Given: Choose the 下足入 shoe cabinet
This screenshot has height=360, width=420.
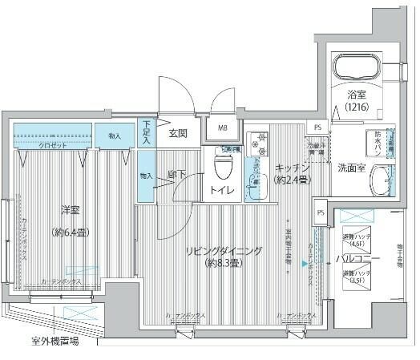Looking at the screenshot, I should click(x=146, y=133).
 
